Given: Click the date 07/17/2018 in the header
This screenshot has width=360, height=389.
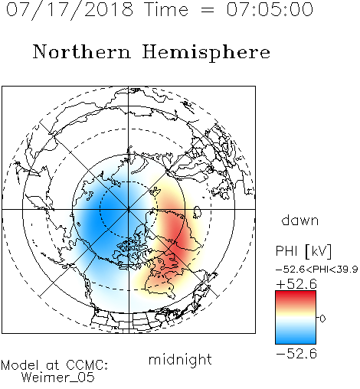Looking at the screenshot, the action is [70, 10].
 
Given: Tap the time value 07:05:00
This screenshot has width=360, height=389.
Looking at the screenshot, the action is [270, 9].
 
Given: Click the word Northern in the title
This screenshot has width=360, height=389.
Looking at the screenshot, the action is [82, 51].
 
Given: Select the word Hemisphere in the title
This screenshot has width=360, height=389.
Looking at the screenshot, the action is [206, 53].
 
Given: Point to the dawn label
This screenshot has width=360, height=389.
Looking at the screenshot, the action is [300, 221].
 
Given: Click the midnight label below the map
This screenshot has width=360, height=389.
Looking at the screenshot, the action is [180, 361].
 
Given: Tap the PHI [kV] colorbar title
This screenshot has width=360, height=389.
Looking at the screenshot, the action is [303, 251].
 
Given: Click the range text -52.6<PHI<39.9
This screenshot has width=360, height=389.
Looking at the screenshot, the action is [317, 270].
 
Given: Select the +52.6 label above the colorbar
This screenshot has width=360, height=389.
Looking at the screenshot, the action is [296, 284].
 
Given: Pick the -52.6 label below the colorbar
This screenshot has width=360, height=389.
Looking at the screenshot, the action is [296, 354].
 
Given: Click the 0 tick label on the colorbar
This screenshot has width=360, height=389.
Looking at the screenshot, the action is [322, 319].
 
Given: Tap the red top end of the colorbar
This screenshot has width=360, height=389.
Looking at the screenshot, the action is [296, 293].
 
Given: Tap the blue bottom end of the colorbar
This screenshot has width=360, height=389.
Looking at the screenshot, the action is [296, 341].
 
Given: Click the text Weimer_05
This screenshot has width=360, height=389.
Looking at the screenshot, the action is [58, 378].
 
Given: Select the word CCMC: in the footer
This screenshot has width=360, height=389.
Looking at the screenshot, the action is [87, 365].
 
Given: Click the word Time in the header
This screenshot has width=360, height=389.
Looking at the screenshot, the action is [166, 9].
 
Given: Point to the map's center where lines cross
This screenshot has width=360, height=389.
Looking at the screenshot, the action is [129, 209].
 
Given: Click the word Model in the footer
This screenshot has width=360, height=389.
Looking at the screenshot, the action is [20, 365].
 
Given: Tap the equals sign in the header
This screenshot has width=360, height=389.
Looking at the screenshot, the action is [208, 10].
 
